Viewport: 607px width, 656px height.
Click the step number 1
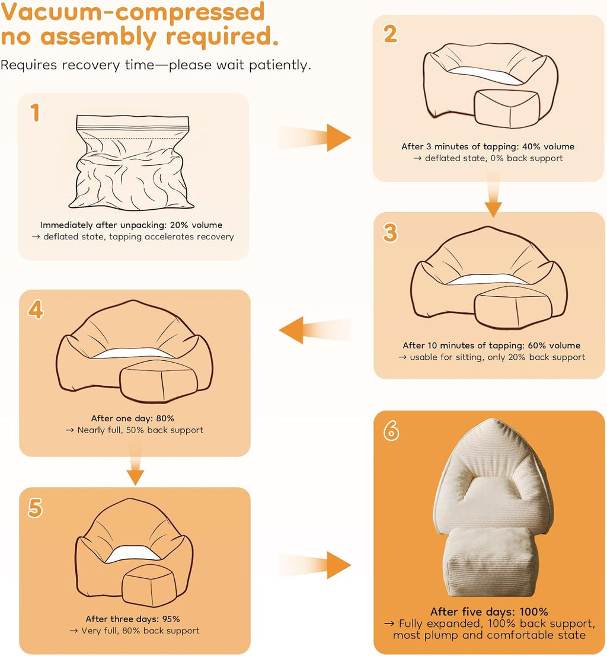click(x=35, y=113)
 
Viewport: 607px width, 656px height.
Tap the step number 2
click(x=390, y=34)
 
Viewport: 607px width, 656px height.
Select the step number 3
click(x=390, y=233)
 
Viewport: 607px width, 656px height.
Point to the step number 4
click(x=36, y=310)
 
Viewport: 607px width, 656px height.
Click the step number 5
click(x=35, y=508)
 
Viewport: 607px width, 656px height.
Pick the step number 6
click(x=391, y=430)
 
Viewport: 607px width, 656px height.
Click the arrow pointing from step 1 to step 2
click(x=314, y=137)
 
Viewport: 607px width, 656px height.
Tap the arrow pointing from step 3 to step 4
click(x=315, y=330)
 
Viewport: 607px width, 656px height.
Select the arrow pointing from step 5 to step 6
click(x=314, y=565)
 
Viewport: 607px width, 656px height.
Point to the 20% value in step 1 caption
click(x=179, y=225)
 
